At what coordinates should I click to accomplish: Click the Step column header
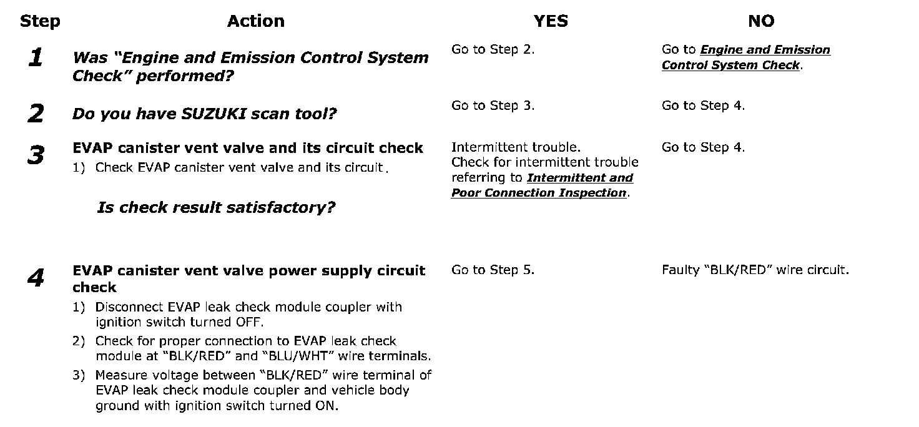[x=40, y=21]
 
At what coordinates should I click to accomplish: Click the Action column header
[x=255, y=21]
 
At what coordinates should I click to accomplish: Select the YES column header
[x=551, y=21]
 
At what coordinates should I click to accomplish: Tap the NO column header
[x=760, y=21]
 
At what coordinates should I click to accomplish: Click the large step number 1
[x=36, y=59]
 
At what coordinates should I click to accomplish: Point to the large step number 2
[x=36, y=114]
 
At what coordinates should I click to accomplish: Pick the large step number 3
[x=36, y=155]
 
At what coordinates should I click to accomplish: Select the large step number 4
[x=36, y=278]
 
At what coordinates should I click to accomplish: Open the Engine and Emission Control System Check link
[x=745, y=57]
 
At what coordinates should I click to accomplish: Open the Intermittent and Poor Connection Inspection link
[x=542, y=185]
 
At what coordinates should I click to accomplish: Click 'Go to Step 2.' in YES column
[x=493, y=50]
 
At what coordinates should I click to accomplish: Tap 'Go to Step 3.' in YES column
[x=493, y=106]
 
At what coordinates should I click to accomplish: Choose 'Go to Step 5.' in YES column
[x=493, y=270]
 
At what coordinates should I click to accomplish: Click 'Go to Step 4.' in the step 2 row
[x=703, y=106]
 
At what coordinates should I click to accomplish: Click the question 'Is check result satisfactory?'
[x=216, y=207]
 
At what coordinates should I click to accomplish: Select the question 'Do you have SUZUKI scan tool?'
[x=204, y=114]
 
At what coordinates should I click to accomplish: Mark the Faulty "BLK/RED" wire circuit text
[x=755, y=270]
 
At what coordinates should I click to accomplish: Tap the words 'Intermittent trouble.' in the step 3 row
[x=516, y=147]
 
